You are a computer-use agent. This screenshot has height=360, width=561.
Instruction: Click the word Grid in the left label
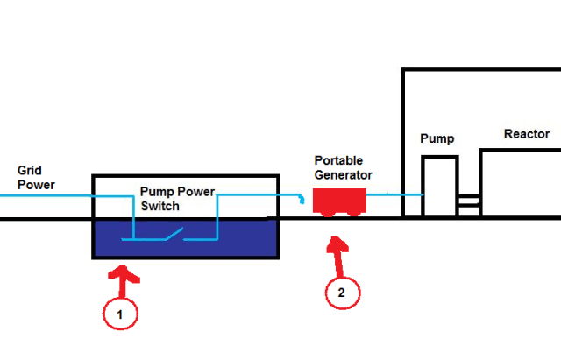click(30, 169)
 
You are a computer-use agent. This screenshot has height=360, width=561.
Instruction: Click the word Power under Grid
click(36, 185)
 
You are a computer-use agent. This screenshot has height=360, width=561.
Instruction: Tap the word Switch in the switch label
click(160, 207)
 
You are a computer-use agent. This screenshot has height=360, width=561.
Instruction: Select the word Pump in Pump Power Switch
click(157, 191)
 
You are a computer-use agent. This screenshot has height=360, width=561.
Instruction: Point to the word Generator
click(344, 175)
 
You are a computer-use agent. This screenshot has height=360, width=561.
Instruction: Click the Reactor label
click(526, 134)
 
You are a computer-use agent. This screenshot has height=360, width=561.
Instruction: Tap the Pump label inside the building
click(437, 139)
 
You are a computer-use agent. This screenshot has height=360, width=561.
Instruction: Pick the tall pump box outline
click(440, 186)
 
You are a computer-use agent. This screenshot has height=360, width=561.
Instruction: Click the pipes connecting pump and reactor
click(469, 203)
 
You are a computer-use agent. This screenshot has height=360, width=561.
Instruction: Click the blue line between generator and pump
click(394, 194)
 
